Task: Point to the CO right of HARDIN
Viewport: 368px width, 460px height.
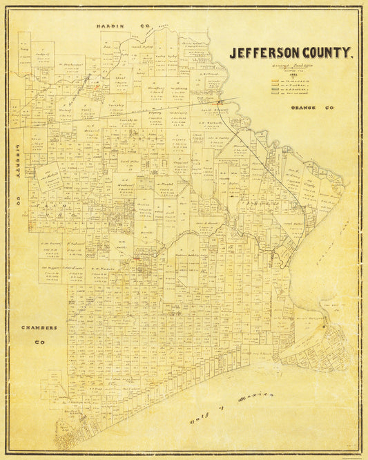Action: click(145, 26)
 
